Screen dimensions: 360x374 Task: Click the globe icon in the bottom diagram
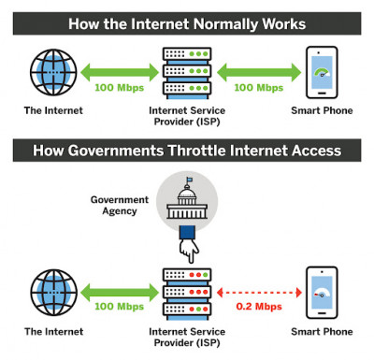[x=53, y=295]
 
